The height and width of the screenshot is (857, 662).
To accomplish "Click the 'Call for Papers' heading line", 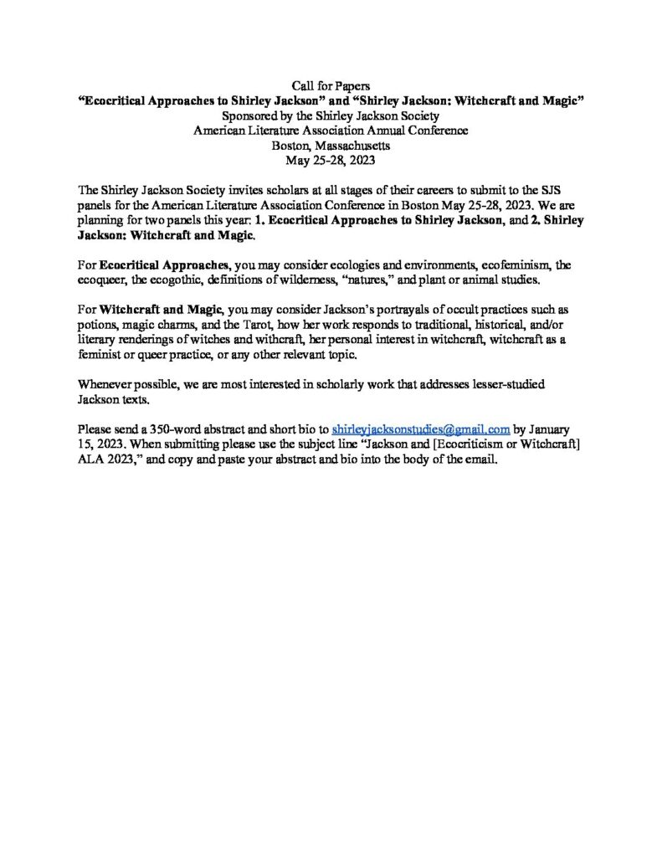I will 331,86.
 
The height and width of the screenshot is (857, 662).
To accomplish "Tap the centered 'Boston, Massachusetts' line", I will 331,145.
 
